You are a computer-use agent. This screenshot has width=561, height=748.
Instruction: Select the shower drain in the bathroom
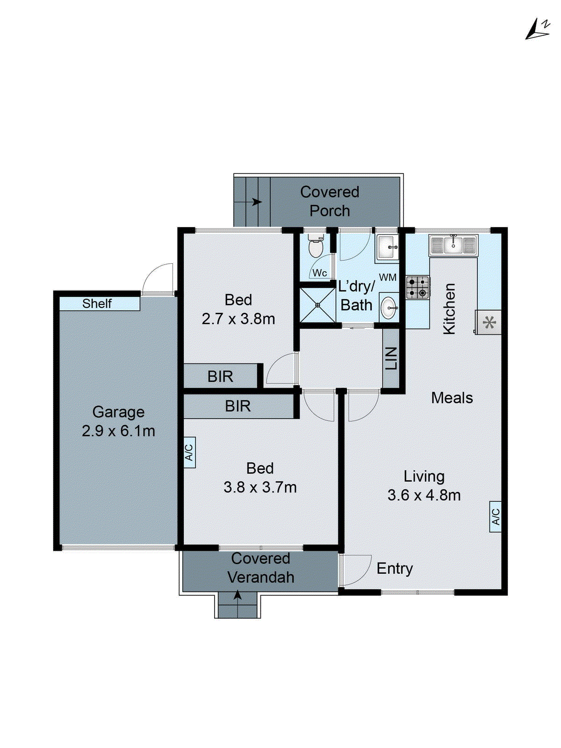point(317,305)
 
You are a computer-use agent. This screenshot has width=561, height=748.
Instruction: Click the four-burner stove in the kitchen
point(417,288)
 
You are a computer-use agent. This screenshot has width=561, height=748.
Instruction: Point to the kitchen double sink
point(453,245)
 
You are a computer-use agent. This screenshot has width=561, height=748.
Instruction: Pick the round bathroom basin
point(388,308)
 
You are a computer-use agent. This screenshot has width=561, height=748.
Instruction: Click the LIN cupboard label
point(391,359)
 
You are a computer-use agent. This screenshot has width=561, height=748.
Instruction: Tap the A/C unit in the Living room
point(495,517)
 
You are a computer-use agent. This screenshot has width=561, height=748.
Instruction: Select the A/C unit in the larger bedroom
point(189,452)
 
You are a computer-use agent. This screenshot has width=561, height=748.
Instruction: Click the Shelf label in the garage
point(97,304)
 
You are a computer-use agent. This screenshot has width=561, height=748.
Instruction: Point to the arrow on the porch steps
point(256,202)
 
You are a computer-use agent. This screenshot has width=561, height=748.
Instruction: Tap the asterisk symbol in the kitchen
point(489,323)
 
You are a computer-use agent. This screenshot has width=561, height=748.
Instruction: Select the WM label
point(388,277)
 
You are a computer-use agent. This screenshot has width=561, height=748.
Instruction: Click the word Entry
point(395,568)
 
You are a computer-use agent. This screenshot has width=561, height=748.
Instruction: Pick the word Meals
point(452,398)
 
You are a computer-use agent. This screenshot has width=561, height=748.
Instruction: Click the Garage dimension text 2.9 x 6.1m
point(118,431)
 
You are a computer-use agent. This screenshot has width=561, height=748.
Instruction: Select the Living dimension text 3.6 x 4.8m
point(424,495)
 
